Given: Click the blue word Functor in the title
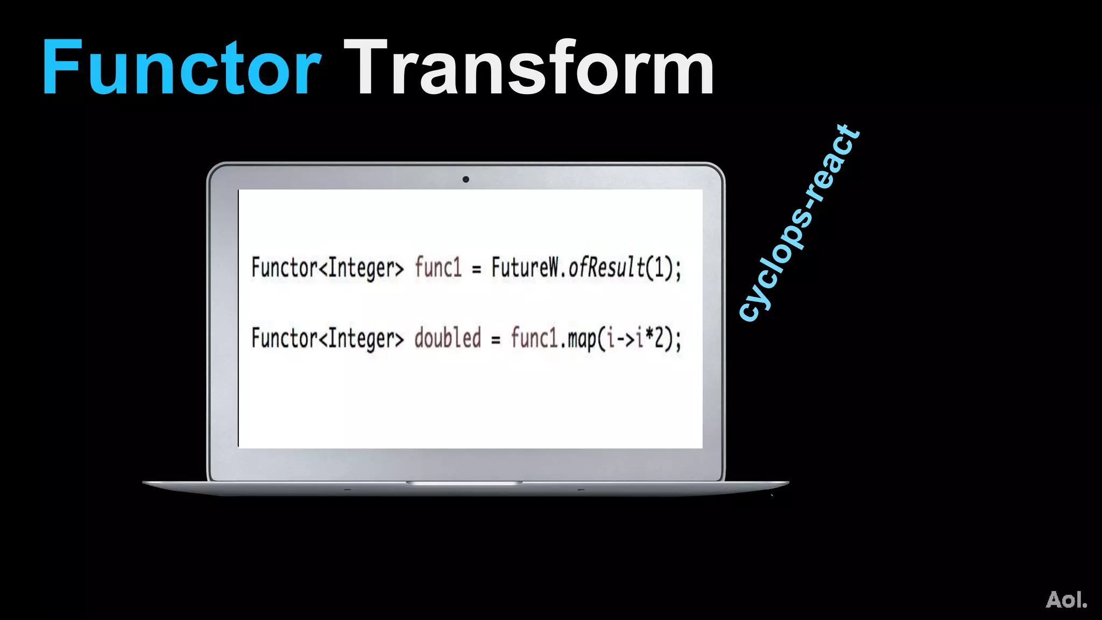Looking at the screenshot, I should (182, 68).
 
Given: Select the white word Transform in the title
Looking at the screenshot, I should (529, 68).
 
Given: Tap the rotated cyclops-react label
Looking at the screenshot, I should (799, 223).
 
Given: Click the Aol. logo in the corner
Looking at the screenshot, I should (1066, 600).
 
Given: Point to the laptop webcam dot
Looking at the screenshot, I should (465, 179).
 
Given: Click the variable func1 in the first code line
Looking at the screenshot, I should (438, 267).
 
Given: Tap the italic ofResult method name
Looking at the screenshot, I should (606, 267).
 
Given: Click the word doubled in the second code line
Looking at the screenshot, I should (447, 339).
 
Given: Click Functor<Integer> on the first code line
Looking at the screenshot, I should (327, 267).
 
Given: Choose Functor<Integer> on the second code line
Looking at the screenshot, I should (327, 339).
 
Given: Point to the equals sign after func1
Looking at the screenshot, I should (476, 270).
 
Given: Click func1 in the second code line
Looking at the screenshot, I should (534, 339).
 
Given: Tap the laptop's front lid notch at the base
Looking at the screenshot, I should (464, 483).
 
